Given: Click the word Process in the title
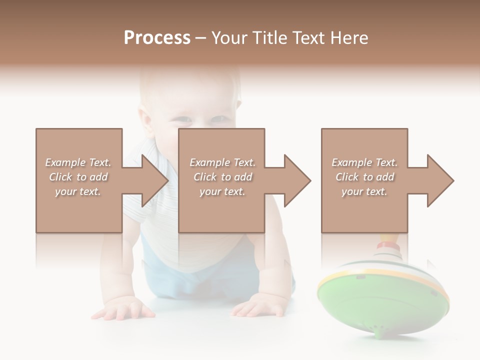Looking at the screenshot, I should pos(157,38).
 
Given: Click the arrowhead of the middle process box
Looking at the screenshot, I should pos(296,180).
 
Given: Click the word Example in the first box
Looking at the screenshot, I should pos(64,162).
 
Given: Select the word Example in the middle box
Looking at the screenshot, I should pos(209,162).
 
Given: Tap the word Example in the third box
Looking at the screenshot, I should pos(351,162).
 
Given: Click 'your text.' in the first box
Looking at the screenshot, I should pos(78,191).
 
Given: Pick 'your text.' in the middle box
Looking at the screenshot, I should pos(222,191).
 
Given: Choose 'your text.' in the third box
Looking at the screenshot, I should pos(364,191).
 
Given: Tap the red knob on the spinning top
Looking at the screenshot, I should pos(385,245).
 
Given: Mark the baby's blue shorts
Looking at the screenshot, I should pos(165,275).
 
